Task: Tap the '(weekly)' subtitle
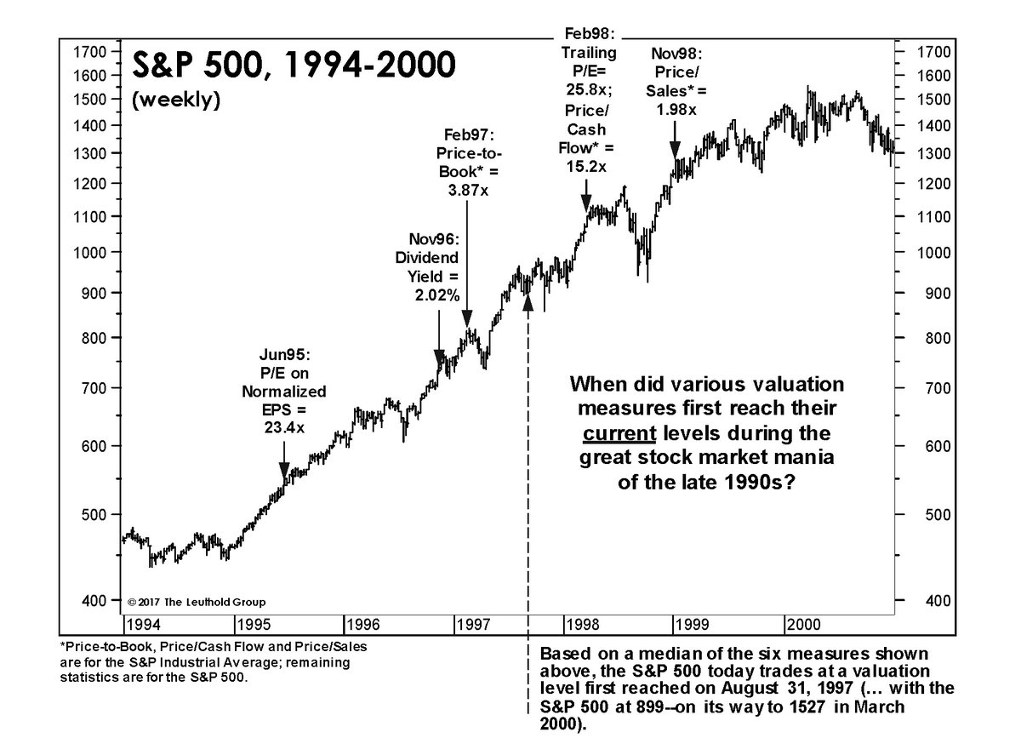coord(175,100)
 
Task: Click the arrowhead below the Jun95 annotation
coord(284,478)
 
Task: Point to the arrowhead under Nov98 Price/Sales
coord(675,152)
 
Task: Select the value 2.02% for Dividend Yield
coord(438,295)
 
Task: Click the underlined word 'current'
coord(618,432)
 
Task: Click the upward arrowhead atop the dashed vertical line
coord(528,304)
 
